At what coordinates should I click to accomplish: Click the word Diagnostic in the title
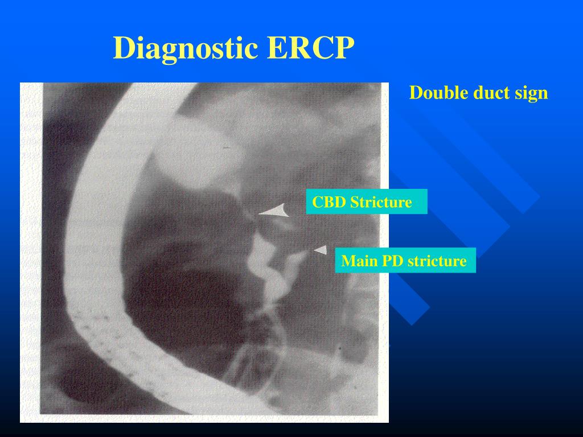(x=186, y=48)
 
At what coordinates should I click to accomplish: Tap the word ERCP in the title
(x=307, y=48)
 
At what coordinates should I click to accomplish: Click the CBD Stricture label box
(x=367, y=202)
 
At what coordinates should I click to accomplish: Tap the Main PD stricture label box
(x=405, y=261)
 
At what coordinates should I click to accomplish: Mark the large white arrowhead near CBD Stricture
(x=276, y=212)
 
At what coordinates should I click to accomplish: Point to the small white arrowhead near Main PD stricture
(x=321, y=249)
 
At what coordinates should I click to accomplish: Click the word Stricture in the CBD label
(x=380, y=202)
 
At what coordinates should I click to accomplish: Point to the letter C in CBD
(x=317, y=202)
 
